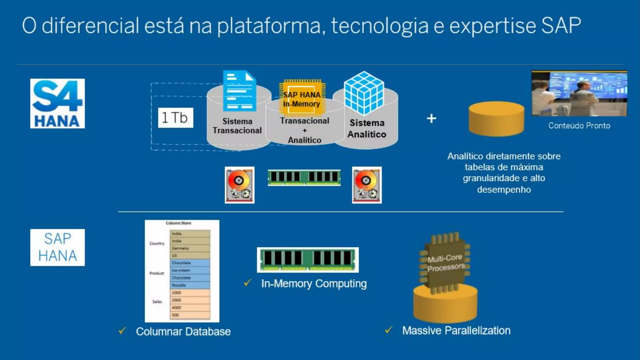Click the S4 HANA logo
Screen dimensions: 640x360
[x=57, y=103]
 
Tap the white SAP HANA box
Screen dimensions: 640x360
[x=57, y=247]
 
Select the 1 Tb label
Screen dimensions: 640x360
[x=175, y=118]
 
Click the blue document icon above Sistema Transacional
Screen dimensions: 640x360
[x=240, y=91]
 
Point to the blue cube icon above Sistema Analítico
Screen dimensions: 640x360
[x=364, y=93]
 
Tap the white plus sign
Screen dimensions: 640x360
[x=432, y=118]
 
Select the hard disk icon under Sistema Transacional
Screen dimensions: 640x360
[x=239, y=185]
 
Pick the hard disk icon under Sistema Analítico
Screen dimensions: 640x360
[x=367, y=185]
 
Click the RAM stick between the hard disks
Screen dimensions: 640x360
[x=304, y=178]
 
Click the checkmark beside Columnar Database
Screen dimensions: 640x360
[x=122, y=331]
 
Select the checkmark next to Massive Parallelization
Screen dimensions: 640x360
[x=388, y=330]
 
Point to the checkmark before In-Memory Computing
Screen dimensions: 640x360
[x=247, y=283]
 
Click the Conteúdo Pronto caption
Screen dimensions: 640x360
[x=579, y=126]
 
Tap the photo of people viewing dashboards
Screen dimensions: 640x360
[x=579, y=93]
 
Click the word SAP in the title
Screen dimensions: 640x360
[x=561, y=26]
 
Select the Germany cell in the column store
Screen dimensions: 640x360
[x=189, y=248]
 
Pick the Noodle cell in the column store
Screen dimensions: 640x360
[x=189, y=285]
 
